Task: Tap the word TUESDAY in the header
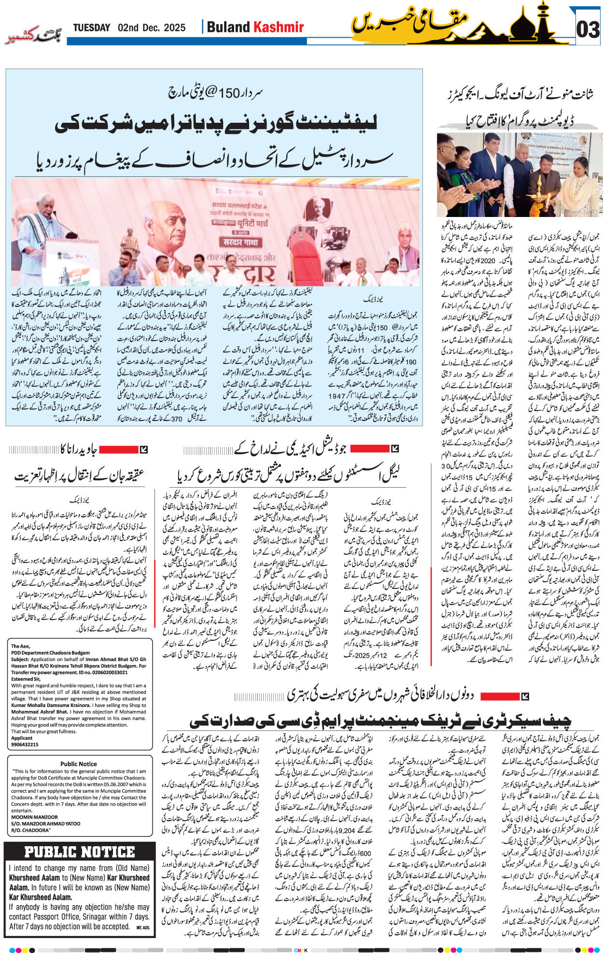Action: [x=92, y=28]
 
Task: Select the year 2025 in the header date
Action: [x=174, y=28]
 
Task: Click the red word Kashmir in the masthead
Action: [x=279, y=27]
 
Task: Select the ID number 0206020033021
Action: [x=104, y=672]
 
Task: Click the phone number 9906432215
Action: [x=25, y=745]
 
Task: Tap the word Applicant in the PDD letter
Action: [x=22, y=738]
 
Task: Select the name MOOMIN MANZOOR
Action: [x=35, y=817]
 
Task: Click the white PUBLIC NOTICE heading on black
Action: [x=80, y=852]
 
